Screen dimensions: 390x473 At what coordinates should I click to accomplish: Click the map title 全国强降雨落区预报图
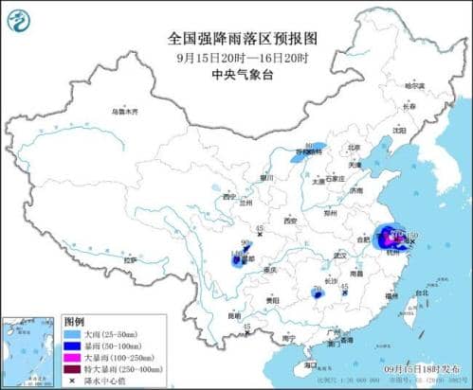[x=236, y=38]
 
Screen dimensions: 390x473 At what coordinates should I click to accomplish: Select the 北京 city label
[x=354, y=148]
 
